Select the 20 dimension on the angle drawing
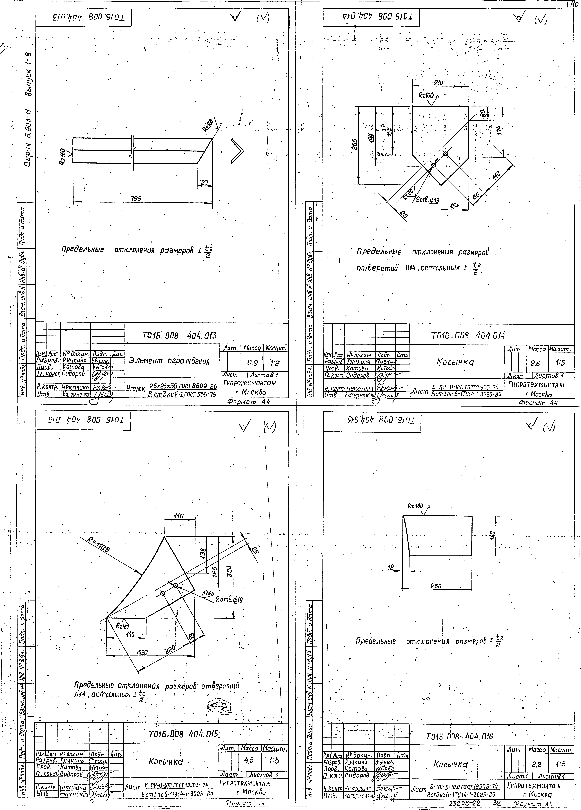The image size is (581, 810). point(204,182)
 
